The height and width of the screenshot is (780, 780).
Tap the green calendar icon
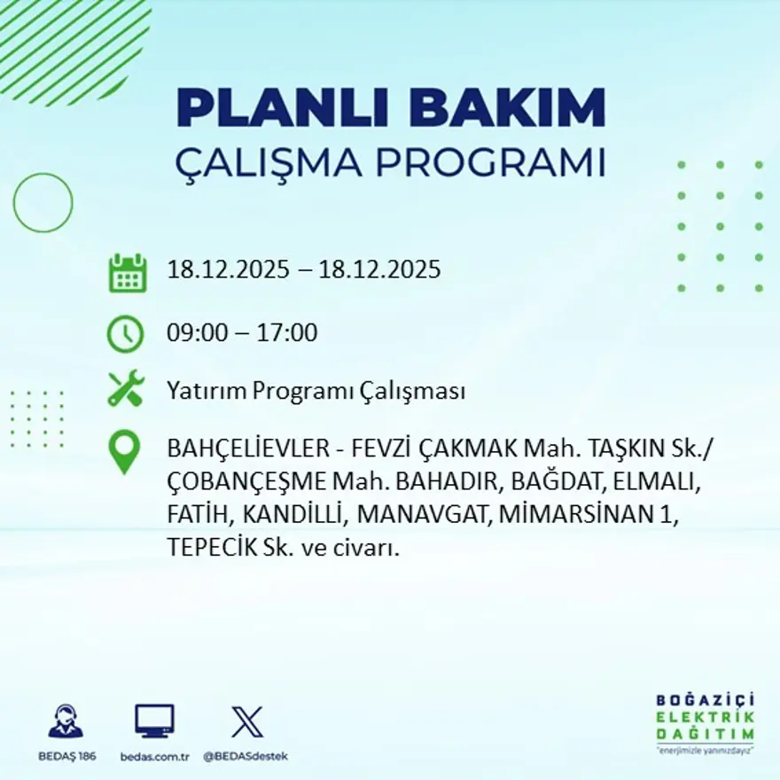point(128,273)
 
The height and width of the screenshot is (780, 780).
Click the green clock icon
point(125,334)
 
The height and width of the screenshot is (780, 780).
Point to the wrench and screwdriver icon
point(126,390)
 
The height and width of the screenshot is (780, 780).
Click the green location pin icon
point(125,452)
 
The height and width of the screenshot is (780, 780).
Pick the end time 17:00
point(287,333)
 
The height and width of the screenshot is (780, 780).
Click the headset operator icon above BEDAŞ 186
point(66,721)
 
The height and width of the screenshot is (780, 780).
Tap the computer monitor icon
point(154,721)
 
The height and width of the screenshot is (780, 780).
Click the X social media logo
point(246,721)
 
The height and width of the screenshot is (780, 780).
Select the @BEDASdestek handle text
point(246,756)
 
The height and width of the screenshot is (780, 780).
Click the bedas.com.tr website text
point(155,756)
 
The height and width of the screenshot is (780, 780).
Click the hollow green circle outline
point(43,203)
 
